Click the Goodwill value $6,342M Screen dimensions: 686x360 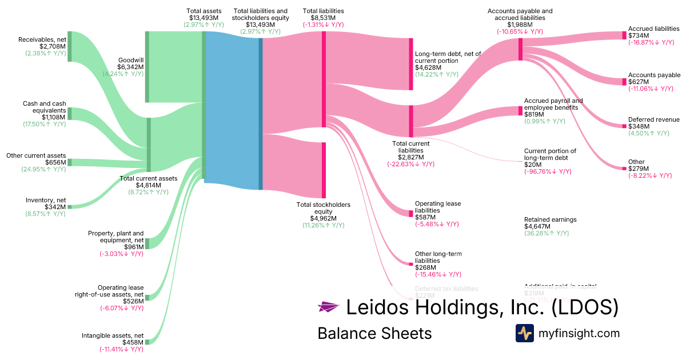(130, 67)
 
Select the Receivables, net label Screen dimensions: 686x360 (42, 39)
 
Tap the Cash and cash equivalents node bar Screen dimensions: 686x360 (70, 113)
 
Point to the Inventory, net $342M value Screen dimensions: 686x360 (55, 207)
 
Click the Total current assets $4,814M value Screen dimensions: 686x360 (149, 185)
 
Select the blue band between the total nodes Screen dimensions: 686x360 (232, 109)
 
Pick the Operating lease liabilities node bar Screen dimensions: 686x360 (410, 213)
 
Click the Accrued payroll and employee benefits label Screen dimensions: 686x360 (553, 104)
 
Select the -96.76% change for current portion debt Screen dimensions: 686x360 (547, 171)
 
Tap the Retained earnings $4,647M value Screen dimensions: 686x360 (537, 226)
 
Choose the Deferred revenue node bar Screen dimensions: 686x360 (624, 126)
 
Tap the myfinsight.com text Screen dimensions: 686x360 (579, 333)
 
